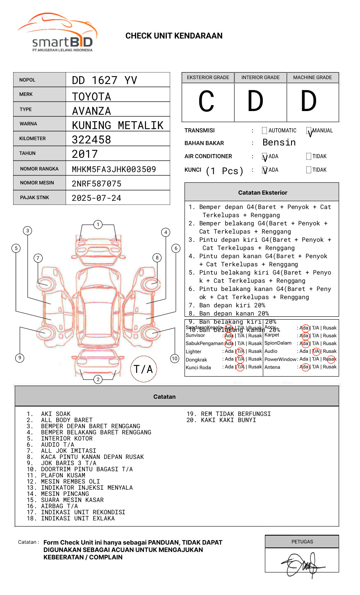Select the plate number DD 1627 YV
point(104,80)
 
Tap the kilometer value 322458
point(91,140)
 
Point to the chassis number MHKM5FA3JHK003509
point(114,169)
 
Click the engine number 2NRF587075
point(96,184)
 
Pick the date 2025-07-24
point(96,198)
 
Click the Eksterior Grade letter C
point(206,102)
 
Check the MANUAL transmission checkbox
point(309,131)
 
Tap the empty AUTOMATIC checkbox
point(264,131)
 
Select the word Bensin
point(279,143)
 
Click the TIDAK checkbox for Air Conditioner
point(309,157)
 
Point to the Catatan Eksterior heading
point(262,193)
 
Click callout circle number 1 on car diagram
point(98,225)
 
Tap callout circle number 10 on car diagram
point(175,359)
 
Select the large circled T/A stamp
point(143,369)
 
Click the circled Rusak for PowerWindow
point(330,359)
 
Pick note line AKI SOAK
point(56,414)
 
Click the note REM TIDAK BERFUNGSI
point(236,414)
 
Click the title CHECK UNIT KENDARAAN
point(174,36)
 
